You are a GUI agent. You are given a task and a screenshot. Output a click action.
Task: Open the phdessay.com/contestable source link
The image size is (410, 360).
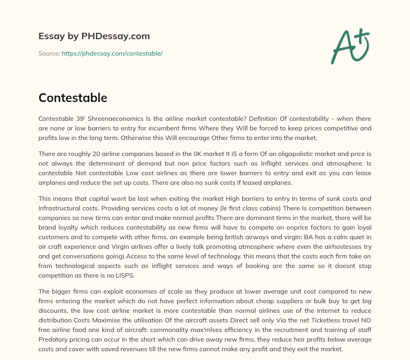point(112,53)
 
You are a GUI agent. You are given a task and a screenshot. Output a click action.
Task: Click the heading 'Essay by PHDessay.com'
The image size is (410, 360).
point(94,36)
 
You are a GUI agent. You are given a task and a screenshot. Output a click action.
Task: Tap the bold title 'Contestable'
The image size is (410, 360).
point(72,98)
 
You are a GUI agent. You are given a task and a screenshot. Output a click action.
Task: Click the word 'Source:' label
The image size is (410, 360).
point(49,53)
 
